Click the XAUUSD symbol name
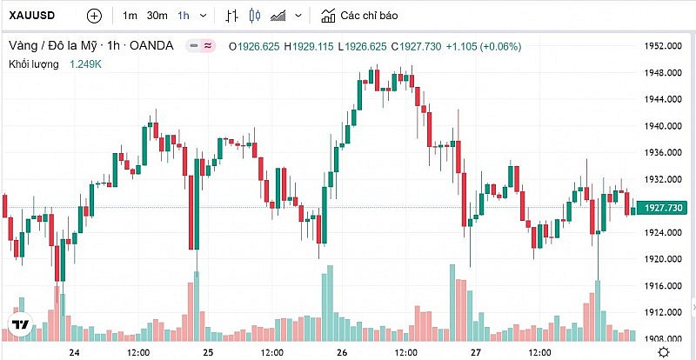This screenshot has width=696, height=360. tap(33, 16)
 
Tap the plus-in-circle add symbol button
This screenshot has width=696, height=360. tap(94, 16)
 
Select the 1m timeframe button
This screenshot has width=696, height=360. tap(130, 16)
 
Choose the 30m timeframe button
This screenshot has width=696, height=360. tap(157, 16)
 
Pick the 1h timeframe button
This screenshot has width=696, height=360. tap(184, 16)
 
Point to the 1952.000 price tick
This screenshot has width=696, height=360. tap(661, 45)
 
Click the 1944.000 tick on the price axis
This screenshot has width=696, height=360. tap(661, 99)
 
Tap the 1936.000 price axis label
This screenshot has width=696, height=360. tap(661, 152)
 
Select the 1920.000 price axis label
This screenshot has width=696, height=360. tap(661, 259)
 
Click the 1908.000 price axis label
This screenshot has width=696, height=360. tap(661, 339)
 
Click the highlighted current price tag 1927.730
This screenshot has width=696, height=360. tap(662, 207)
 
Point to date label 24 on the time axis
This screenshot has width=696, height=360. tap(74, 352)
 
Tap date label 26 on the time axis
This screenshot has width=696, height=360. tap(342, 352)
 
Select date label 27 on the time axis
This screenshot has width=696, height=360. tap(476, 352)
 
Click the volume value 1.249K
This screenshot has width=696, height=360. tap(87, 63)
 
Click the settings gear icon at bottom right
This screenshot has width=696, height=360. tap(663, 351)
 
